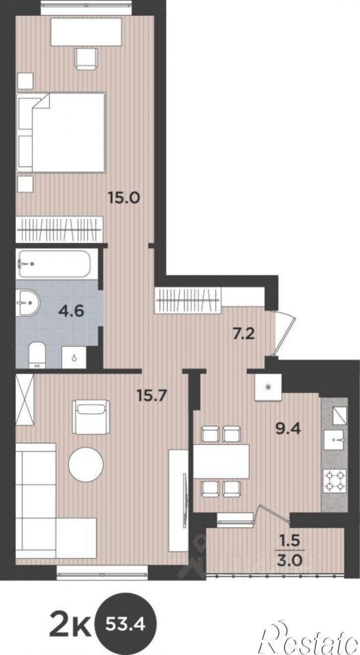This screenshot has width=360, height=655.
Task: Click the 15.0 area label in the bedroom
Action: (x=124, y=198)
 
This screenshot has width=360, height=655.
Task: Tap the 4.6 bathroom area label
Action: (x=71, y=310)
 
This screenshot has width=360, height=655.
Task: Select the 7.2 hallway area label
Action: (x=244, y=333)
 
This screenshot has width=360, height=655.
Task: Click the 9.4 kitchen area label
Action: (x=288, y=429)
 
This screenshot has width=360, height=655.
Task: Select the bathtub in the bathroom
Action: (x=57, y=264)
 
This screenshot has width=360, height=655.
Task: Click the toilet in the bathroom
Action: (x=37, y=355)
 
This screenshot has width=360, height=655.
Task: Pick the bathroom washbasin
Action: (x=27, y=303)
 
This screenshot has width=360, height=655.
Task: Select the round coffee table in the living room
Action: (x=86, y=465)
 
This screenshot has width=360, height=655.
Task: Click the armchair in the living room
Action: (x=91, y=417)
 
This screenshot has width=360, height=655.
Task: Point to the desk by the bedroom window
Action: (x=86, y=32)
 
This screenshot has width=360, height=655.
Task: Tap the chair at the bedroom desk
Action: (x=86, y=59)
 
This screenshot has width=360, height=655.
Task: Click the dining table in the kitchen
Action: (x=221, y=461)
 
